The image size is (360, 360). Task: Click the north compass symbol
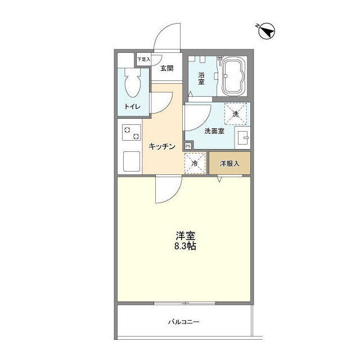267,31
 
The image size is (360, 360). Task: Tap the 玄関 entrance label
167,68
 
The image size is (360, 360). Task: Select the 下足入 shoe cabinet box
143,60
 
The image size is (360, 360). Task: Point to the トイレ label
133,106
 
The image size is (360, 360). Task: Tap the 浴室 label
201,78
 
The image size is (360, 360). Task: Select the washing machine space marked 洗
236,114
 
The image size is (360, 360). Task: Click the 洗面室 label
214,131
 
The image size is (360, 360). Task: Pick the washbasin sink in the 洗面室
243,137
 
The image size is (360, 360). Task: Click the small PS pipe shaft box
188,146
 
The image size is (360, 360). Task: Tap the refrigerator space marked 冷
195,164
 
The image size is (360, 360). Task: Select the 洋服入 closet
229,163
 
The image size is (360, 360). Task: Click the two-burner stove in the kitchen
132,133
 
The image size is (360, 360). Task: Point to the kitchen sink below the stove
132,161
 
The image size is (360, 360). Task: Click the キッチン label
162,146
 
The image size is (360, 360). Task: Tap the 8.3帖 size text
185,246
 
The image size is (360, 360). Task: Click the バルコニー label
184,322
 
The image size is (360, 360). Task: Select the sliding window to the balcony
185,303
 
